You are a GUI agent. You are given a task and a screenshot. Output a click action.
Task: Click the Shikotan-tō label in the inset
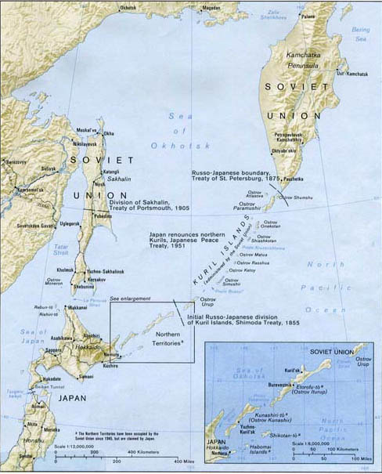click(x=285, y=434)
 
